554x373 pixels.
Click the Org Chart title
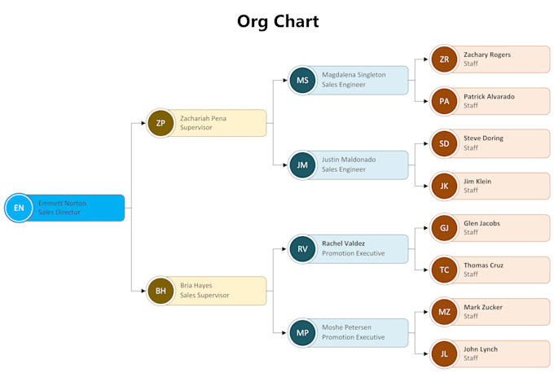[278, 21]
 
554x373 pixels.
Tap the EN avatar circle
[19, 208]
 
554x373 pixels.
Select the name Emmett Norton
[62, 203]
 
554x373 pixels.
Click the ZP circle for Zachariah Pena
[160, 123]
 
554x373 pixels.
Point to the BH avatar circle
[160, 291]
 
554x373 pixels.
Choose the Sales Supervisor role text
[204, 296]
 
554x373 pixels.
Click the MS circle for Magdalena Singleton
[302, 80]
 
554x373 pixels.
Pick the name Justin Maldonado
[349, 160]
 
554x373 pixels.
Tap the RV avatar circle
[302, 248]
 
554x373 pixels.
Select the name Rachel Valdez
[343, 243]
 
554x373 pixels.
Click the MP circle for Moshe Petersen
[302, 333]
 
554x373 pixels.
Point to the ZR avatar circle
[444, 59]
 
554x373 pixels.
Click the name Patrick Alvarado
[489, 96]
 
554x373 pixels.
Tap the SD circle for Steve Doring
[444, 143]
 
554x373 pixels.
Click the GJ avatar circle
[444, 227]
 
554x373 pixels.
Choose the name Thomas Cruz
[483, 265]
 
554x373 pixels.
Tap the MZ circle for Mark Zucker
[444, 312]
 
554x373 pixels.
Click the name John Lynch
[481, 349]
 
